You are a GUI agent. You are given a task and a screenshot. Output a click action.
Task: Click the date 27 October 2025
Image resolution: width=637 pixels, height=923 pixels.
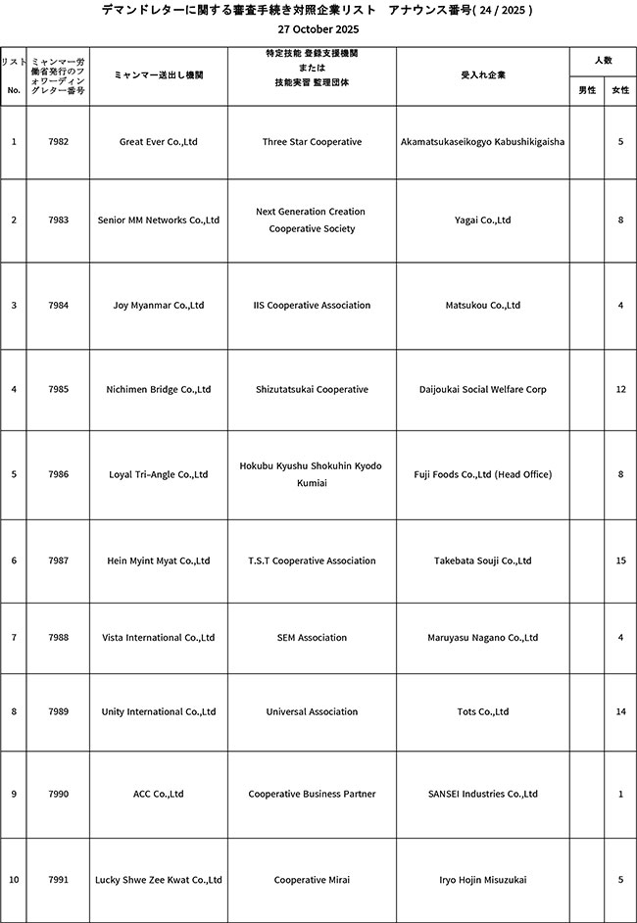coord(318,30)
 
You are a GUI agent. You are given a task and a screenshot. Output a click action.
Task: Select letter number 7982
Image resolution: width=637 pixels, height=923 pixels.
coord(58,142)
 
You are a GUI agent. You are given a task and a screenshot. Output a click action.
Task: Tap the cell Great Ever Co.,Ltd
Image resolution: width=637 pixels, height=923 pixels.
coord(159,142)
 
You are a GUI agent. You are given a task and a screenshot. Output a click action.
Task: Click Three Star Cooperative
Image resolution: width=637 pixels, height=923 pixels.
coord(312,142)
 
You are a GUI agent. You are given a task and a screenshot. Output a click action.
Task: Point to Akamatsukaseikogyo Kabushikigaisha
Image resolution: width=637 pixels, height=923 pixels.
coord(483,142)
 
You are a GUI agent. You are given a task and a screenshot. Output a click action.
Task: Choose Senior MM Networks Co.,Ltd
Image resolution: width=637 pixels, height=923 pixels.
coord(159,220)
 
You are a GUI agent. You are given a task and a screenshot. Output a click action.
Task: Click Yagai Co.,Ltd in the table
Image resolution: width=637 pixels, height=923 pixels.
coord(483,220)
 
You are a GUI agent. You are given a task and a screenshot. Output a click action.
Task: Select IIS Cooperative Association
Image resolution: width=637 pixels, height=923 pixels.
coord(312,306)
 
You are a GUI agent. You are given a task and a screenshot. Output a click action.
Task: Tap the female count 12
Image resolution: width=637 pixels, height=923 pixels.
coord(620,390)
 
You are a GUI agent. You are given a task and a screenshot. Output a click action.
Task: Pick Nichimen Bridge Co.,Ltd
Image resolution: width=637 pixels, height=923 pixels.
coord(159,390)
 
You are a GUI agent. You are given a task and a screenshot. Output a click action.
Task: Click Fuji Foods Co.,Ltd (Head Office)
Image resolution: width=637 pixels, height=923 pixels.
coord(483,475)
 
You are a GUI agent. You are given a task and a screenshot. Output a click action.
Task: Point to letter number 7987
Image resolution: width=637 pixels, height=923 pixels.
coord(58,561)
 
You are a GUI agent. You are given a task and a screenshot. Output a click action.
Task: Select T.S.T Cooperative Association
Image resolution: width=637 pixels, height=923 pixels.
coord(312,561)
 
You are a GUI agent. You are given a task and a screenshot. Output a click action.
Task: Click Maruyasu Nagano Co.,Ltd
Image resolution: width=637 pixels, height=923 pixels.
coord(483,638)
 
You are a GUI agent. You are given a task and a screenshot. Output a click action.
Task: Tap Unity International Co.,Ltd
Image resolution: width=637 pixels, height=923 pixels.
coord(159,712)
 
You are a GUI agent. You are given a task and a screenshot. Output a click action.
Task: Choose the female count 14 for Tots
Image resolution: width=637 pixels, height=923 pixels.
coord(620,712)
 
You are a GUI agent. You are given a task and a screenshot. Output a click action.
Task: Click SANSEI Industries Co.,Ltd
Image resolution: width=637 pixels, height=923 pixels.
coord(483,795)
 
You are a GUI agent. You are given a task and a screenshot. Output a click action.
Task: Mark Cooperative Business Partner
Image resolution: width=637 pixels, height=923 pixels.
coord(312,795)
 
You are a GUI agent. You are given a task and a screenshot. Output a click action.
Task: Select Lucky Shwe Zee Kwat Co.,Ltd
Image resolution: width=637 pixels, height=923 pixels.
coord(159,880)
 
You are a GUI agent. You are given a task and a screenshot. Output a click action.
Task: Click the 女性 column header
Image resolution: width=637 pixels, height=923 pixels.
coord(620,90)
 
